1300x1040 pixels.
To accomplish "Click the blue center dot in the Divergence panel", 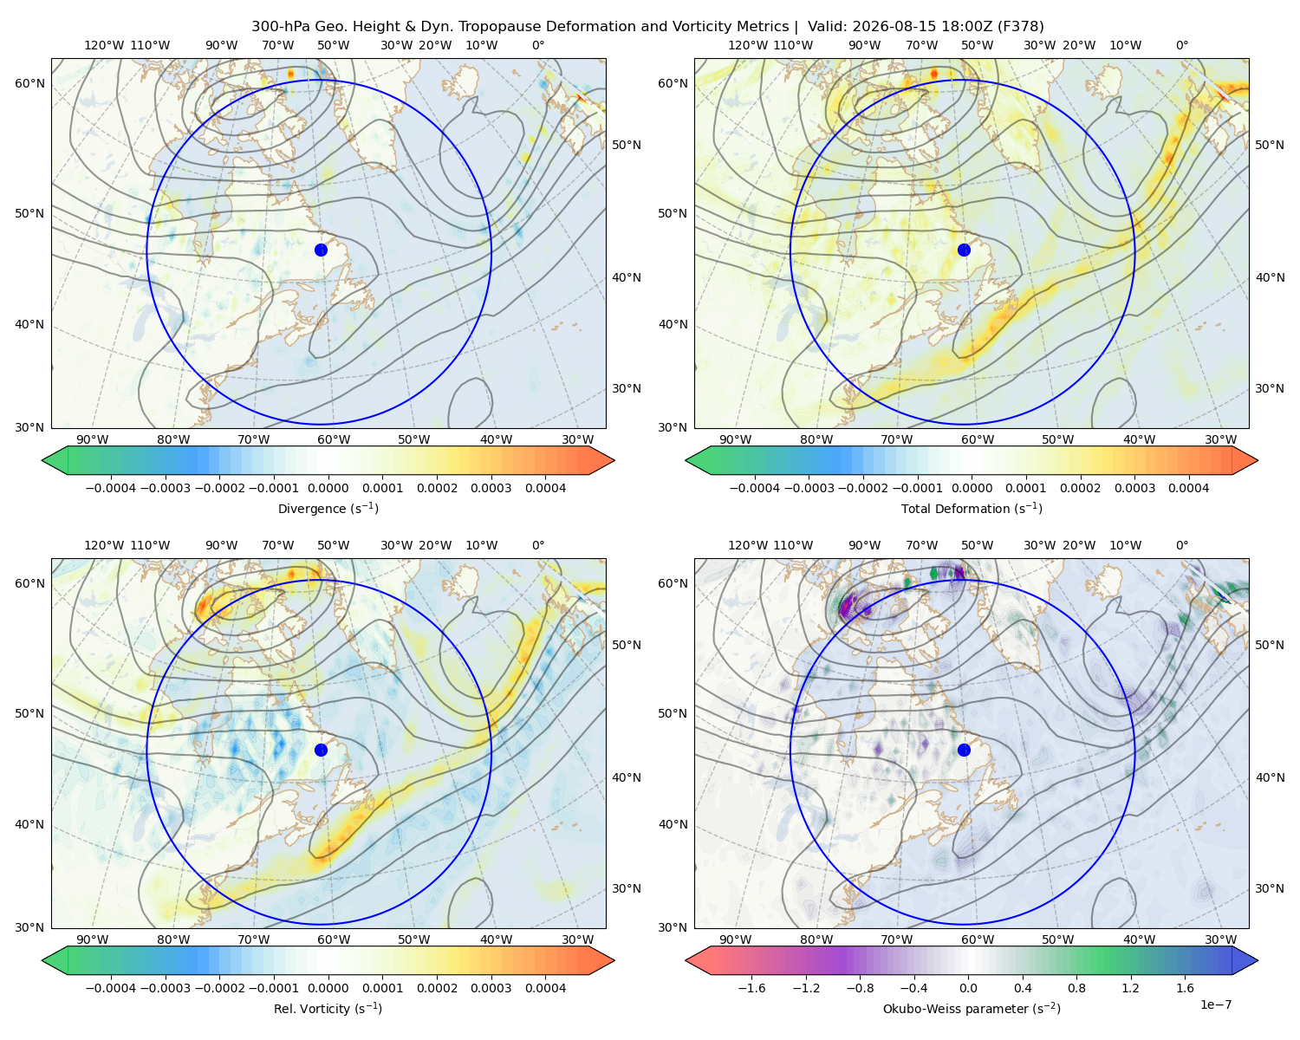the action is pyautogui.click(x=321, y=250).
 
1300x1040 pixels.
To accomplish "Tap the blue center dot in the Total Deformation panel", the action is pyautogui.click(x=964, y=250).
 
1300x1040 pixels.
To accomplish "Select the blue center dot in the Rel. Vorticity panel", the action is pyautogui.click(x=321, y=750).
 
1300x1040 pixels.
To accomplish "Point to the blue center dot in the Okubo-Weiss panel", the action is pyautogui.click(x=964, y=750).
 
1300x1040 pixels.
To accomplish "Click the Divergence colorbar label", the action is pyautogui.click(x=328, y=508).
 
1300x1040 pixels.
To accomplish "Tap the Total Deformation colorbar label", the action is pyautogui.click(x=972, y=508).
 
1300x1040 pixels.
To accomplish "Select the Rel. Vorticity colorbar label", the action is pyautogui.click(x=328, y=1008).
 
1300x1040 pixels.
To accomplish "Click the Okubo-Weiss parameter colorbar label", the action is pyautogui.click(x=972, y=1008).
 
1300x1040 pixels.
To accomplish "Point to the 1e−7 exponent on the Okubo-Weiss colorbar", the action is pyautogui.click(x=1215, y=1004).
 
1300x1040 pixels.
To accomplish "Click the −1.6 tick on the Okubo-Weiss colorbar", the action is pyautogui.click(x=751, y=987).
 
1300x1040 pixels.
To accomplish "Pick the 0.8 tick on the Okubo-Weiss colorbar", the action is pyautogui.click(x=1076, y=987).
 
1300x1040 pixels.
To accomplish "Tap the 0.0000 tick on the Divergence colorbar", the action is pyautogui.click(x=328, y=488).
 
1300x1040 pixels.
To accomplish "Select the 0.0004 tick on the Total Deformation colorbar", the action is pyautogui.click(x=1188, y=488).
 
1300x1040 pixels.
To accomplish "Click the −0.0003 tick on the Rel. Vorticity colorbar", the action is pyautogui.click(x=165, y=987).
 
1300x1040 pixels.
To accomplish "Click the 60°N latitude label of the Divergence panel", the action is pyautogui.click(x=29, y=83).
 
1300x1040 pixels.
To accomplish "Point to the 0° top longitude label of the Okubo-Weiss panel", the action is pyautogui.click(x=1181, y=544).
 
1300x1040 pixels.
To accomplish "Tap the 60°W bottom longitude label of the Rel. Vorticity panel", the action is pyautogui.click(x=334, y=939).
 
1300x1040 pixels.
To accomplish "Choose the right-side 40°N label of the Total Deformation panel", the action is pyautogui.click(x=1270, y=277).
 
